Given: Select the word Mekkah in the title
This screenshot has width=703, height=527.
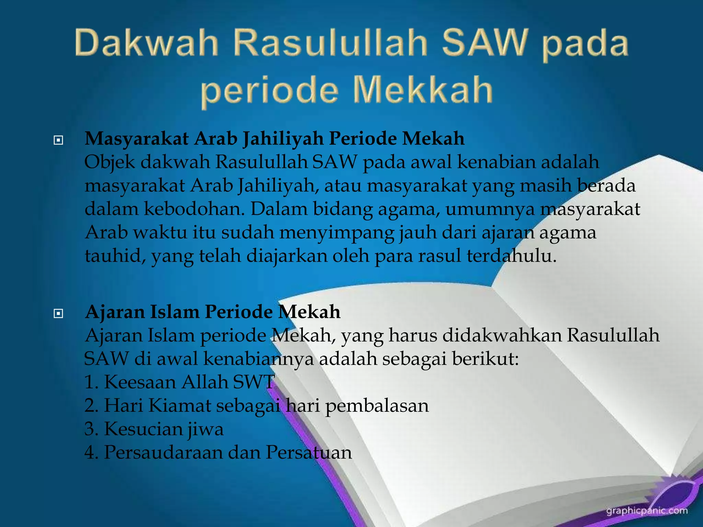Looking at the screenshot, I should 423,90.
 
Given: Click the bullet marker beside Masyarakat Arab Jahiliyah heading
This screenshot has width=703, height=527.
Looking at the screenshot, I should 58,140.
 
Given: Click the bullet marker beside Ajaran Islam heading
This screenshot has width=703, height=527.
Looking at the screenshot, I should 58,313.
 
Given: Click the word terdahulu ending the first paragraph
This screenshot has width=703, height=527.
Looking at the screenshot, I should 511,256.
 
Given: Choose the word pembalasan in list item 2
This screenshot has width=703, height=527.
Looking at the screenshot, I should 377,406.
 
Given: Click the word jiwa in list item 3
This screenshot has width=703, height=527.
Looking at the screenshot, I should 205,429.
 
